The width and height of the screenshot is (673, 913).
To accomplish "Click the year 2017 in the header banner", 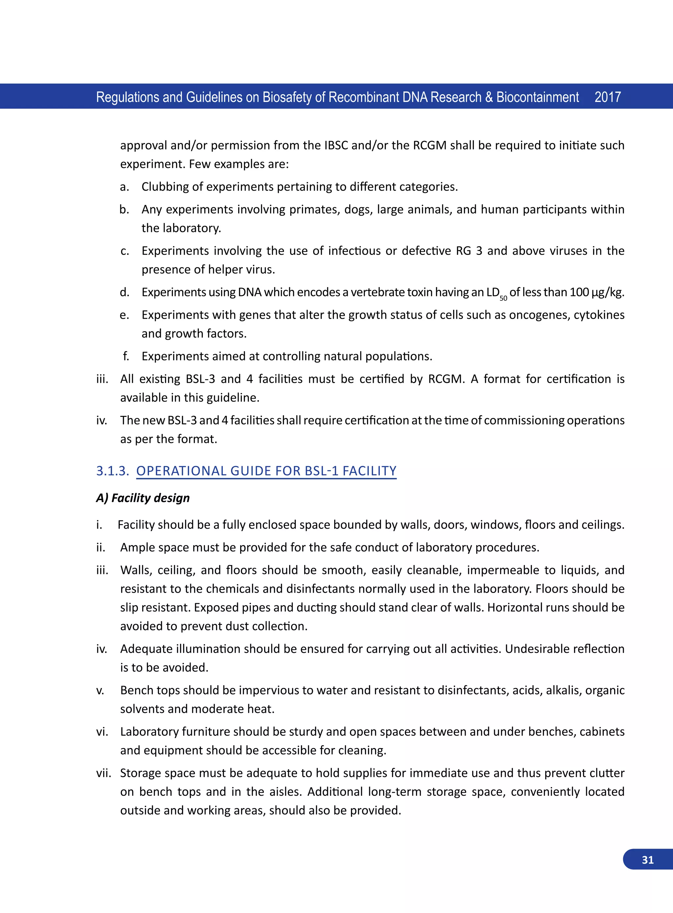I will [x=607, y=97].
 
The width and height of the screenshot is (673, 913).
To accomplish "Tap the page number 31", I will [x=647, y=860].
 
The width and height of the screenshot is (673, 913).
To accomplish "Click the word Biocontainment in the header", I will [x=537, y=97].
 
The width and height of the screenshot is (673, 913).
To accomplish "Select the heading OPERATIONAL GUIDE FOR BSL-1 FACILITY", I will [x=266, y=471].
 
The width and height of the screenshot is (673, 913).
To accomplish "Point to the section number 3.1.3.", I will [x=112, y=471].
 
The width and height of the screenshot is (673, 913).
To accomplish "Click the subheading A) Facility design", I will [x=143, y=498].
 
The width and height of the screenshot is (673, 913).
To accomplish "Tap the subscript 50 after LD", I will [x=503, y=298].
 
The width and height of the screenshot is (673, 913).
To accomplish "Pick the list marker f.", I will [x=126, y=356].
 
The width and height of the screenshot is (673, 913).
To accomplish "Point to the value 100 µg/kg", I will [x=596, y=292].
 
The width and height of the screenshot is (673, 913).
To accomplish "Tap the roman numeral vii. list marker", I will [x=104, y=773].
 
